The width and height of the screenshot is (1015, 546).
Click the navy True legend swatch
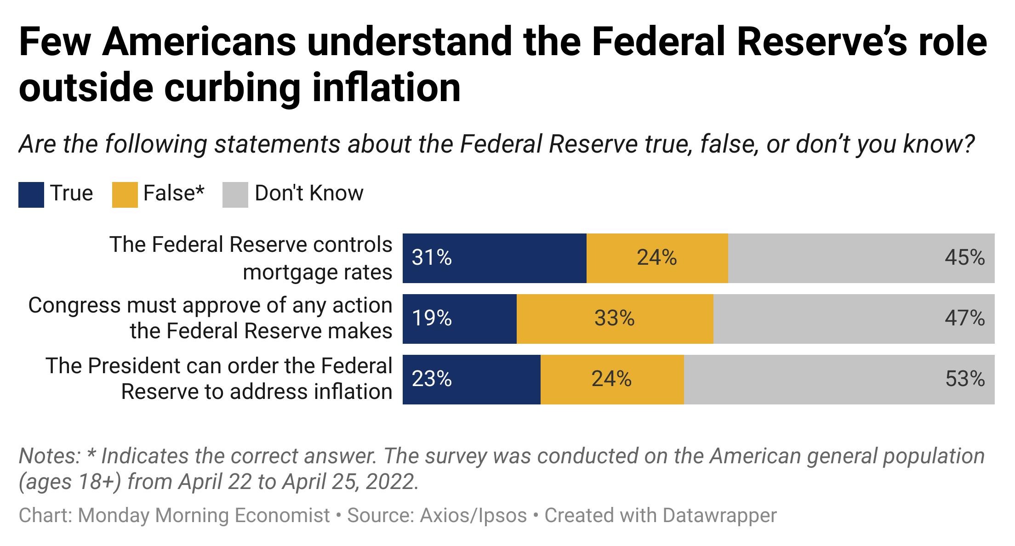(31, 195)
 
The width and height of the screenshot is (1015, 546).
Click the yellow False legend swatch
(125, 195)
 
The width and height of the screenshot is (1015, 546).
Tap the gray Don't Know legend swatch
(235, 195)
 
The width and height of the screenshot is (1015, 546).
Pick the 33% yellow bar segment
(615, 319)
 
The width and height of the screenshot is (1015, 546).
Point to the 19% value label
(432, 318)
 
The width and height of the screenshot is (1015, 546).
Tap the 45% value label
(964, 258)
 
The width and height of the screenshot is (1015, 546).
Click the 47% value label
(964, 318)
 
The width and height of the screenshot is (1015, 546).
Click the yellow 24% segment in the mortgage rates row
(657, 258)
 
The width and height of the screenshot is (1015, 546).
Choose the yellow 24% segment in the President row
(612, 380)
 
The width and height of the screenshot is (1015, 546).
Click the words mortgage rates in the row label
(317, 272)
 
